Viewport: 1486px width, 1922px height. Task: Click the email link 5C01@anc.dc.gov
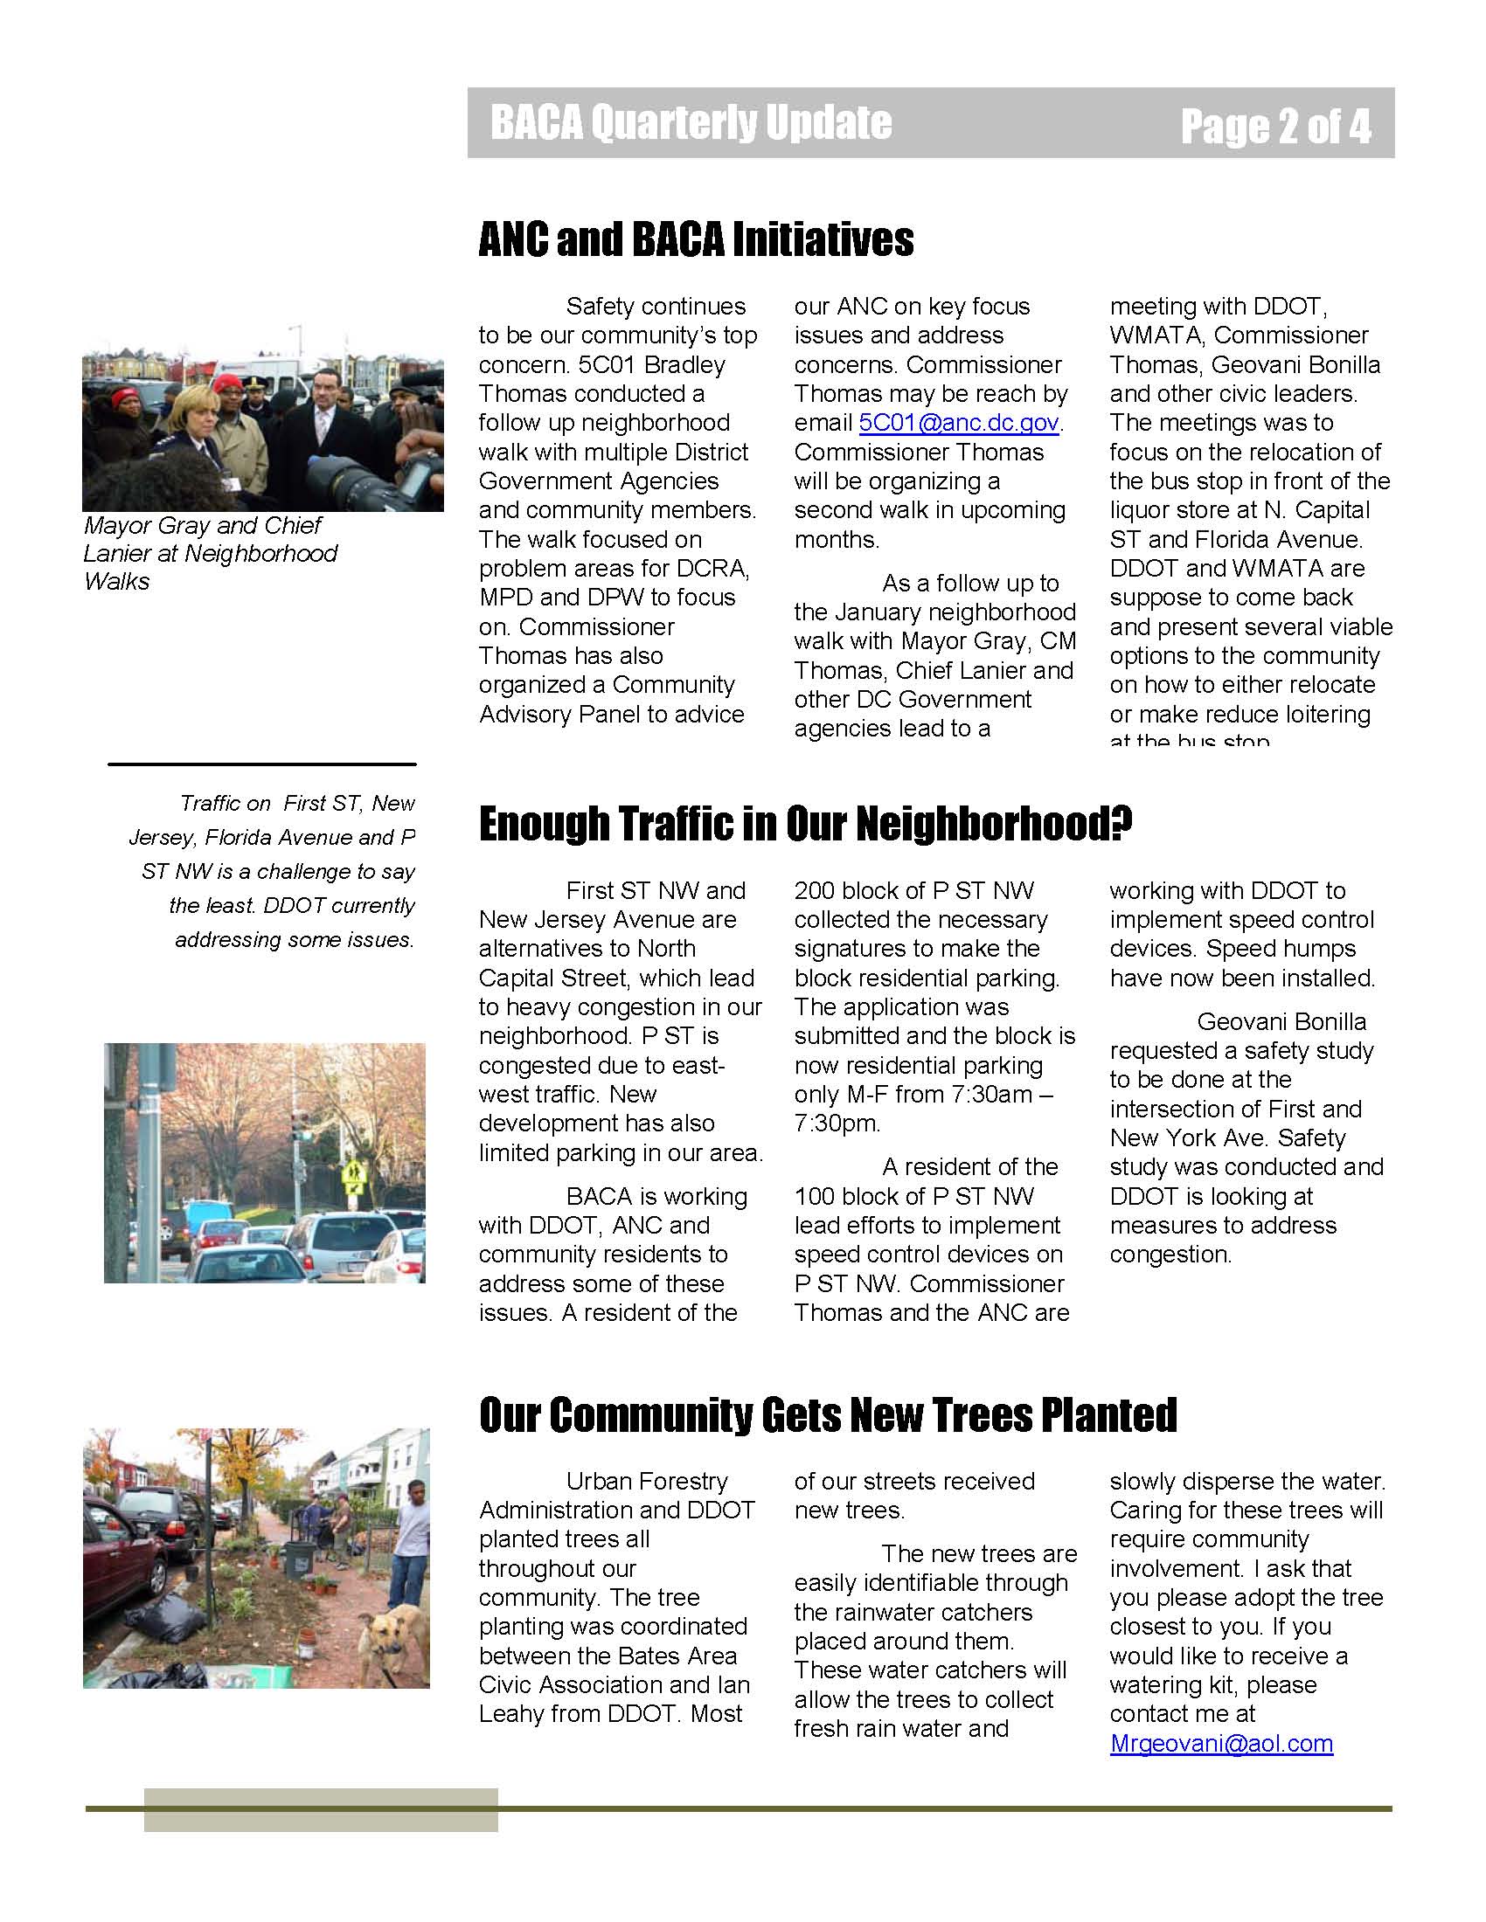coord(959,424)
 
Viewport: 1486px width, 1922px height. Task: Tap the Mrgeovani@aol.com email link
coord(1221,1744)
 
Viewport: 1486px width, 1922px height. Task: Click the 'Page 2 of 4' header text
coord(1275,126)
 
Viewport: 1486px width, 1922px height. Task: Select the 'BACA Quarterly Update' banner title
coord(691,122)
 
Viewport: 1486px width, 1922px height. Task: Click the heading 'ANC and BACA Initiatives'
coord(696,239)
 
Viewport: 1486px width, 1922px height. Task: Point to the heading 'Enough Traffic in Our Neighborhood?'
coord(804,824)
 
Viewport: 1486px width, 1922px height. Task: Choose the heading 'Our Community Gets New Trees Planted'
coord(828,1415)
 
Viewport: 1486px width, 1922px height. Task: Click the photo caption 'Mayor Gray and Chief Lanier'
coord(210,553)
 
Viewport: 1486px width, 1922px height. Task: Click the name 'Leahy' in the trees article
coord(517,1713)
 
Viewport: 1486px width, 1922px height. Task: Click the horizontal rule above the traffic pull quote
coord(261,764)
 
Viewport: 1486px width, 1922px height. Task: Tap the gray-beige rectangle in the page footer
coord(321,1809)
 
